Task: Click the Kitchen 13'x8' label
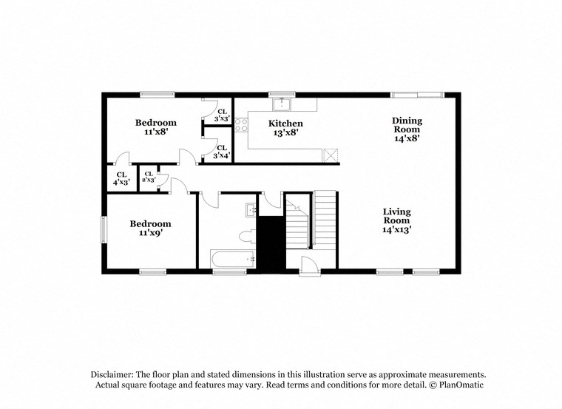pos(285,128)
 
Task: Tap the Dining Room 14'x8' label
pos(407,129)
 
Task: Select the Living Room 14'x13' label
pos(396,220)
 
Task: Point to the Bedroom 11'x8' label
pos(155,126)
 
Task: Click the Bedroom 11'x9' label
pos(150,228)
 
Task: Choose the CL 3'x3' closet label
pos(222,115)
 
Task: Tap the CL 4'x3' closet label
pos(121,178)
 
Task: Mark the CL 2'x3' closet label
pos(149,177)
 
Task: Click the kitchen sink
pos(281,104)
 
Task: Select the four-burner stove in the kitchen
pos(241,125)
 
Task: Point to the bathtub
pos(232,259)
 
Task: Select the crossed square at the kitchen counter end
pos(331,155)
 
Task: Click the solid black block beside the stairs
pos(271,243)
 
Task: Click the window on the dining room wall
pos(417,95)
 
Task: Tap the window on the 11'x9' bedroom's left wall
pos(104,229)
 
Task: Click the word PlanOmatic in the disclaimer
pos(459,385)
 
